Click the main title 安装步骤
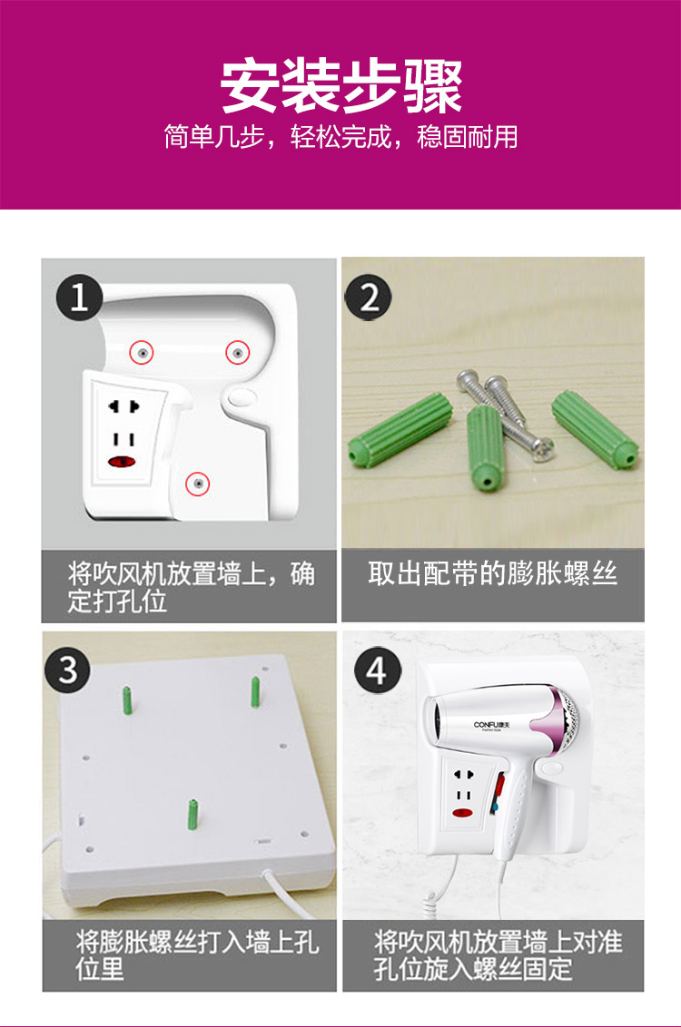[x=340, y=86]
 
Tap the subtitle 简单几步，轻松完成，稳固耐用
[x=340, y=137]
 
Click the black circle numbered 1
[x=79, y=298]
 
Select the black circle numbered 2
[x=369, y=298]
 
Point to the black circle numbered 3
[x=68, y=670]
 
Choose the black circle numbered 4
[x=377, y=670]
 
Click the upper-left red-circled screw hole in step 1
[x=142, y=352]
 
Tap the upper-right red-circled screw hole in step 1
[x=238, y=352]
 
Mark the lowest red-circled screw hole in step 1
[x=197, y=484]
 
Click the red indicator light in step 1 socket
[x=122, y=462]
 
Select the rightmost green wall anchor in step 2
[x=595, y=429]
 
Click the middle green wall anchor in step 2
[x=484, y=447]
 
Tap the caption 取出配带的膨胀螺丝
[x=492, y=573]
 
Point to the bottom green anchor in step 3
[x=192, y=814]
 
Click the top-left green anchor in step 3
[x=127, y=700]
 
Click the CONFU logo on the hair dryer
[x=491, y=725]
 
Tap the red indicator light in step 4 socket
[x=463, y=814]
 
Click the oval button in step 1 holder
[x=242, y=397]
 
